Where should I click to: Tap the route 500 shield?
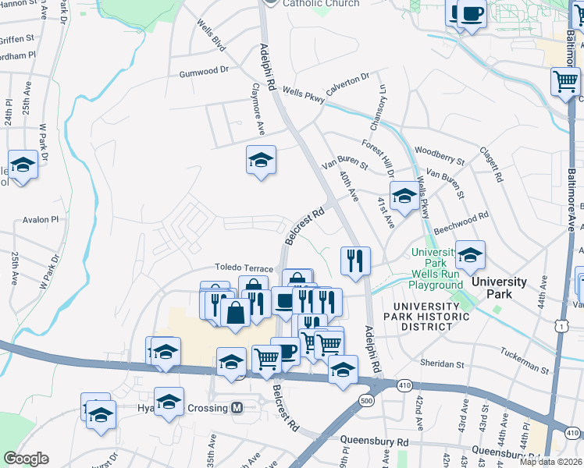click(367, 400)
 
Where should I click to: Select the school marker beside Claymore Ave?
click(262, 160)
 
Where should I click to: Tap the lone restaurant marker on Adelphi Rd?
click(355, 261)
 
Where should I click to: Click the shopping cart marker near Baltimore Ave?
click(565, 81)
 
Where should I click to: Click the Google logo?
click(26, 459)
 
